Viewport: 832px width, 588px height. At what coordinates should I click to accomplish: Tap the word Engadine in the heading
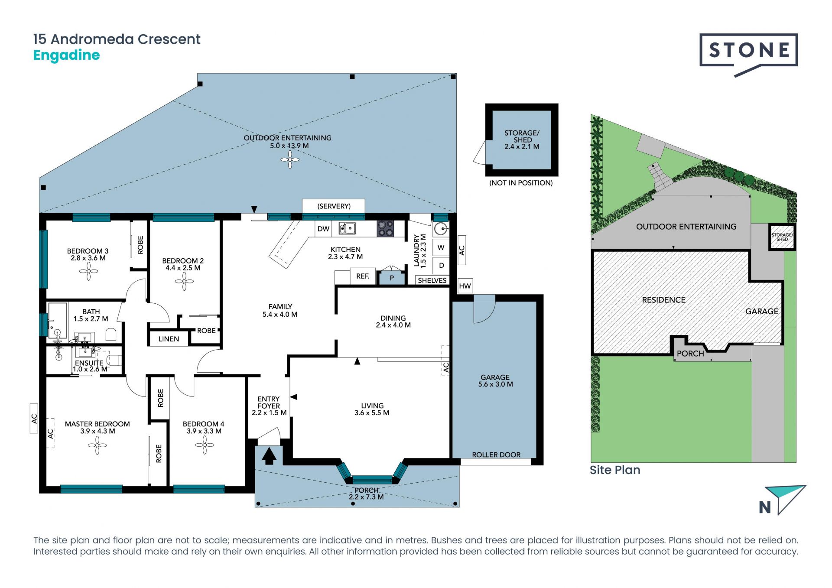pos(66,55)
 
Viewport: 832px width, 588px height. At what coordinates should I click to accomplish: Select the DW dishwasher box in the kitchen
pos(323,229)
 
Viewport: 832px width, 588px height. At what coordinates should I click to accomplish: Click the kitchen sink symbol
pos(347,228)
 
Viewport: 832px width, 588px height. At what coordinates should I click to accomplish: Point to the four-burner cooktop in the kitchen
pos(385,228)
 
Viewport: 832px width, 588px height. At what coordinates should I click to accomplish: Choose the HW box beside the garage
pos(465,286)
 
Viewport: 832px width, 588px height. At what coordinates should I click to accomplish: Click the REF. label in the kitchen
pos(363,276)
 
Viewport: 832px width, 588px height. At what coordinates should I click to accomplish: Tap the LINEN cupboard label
pos(169,339)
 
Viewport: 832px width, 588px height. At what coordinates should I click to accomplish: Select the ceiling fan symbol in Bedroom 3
pos(88,272)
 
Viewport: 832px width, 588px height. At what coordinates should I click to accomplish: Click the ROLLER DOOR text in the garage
pos(496,455)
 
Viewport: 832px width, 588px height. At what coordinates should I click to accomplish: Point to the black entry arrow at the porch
pos(269,456)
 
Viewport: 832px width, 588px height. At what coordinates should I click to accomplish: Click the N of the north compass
pos(765,507)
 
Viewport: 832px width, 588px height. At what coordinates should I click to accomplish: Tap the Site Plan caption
pos(615,470)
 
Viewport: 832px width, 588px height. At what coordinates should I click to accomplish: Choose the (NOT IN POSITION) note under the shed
pos(521,183)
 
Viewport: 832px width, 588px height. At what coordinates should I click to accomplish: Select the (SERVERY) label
pos(334,206)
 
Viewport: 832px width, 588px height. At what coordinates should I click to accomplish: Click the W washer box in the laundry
pos(441,247)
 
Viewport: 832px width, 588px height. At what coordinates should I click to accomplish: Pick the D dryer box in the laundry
pos(441,265)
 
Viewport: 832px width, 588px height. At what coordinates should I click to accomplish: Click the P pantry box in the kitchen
pos(392,278)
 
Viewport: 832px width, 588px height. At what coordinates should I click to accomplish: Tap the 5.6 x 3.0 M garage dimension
pos(495,384)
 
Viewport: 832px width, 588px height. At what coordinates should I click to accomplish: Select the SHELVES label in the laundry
pos(432,280)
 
